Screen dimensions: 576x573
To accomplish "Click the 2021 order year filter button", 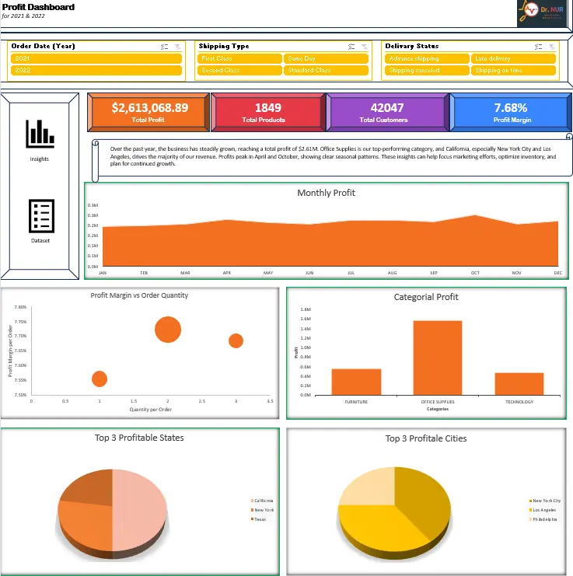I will tap(96, 58).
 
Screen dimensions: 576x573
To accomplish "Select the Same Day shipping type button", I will tap(326, 58).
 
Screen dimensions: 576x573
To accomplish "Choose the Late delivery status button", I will tap(513, 58).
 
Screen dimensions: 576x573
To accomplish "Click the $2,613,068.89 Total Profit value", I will tap(149, 108).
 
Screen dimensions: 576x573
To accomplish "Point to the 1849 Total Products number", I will tap(268, 108).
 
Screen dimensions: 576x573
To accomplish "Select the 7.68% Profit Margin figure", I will tap(510, 108).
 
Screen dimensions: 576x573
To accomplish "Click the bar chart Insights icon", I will tap(40, 134).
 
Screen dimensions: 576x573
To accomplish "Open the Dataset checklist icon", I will tap(40, 216).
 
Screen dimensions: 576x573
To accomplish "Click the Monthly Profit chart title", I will tap(326, 193).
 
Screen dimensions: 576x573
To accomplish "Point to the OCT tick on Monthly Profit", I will tap(475, 273).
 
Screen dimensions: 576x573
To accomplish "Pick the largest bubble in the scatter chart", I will tap(168, 329).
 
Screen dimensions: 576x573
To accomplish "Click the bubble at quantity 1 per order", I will tap(100, 379).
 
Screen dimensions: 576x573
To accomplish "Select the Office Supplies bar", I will tap(437, 357).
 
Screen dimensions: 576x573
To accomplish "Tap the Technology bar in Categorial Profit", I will tap(519, 383).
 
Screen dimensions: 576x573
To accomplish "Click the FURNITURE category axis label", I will tap(356, 402).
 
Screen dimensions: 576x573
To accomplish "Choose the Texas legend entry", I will tap(260, 519).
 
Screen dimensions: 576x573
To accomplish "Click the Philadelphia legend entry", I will tap(545, 519).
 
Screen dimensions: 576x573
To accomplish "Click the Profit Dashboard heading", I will tap(39, 7).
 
